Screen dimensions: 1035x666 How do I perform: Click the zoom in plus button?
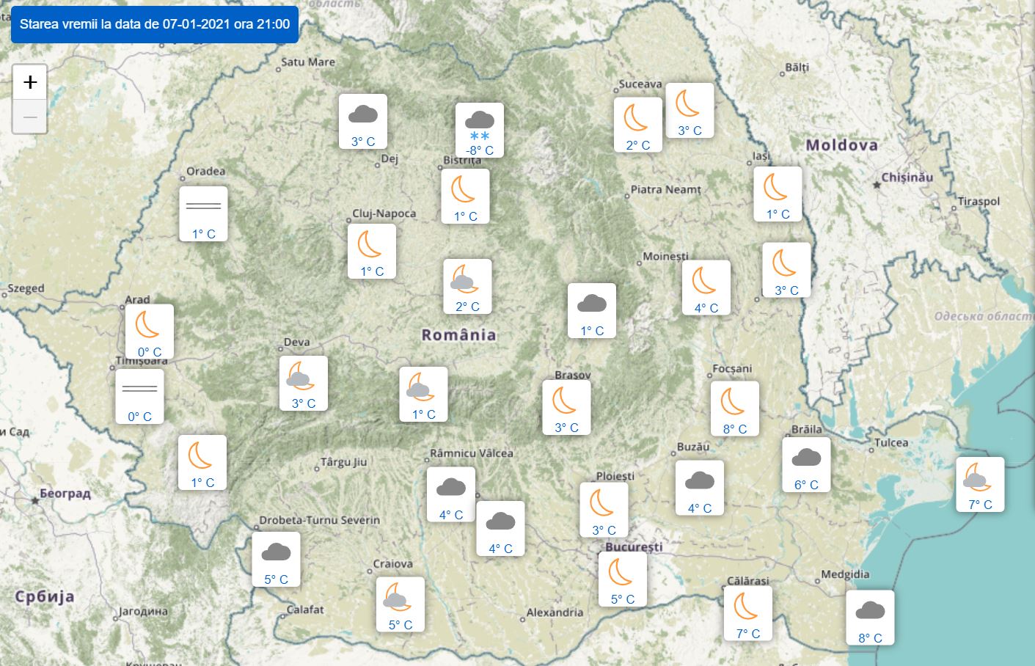tap(30, 81)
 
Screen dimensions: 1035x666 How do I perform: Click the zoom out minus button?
tap(30, 117)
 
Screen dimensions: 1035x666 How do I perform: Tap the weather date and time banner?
tap(155, 24)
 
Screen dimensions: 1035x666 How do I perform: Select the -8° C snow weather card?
tap(480, 130)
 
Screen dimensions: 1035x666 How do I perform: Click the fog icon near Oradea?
tap(203, 205)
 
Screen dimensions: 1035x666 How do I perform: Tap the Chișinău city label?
tap(907, 178)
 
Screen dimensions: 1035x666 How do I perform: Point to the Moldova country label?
tap(841, 145)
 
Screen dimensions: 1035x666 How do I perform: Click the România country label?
tap(458, 335)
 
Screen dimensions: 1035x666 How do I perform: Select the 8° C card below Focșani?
tap(734, 408)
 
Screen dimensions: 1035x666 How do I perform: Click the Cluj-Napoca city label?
tap(384, 214)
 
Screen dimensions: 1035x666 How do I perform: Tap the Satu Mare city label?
tap(308, 62)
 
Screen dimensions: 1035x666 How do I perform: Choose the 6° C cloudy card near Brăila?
tap(806, 464)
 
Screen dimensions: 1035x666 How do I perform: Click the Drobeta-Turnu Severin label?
tap(320, 521)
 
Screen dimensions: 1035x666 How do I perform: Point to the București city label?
tap(634, 547)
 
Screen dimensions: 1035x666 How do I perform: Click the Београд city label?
tap(65, 494)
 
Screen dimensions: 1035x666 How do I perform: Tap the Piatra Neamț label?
tap(666, 190)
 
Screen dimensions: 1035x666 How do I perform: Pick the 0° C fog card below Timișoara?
tap(139, 396)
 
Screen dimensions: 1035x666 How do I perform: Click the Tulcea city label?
tap(891, 443)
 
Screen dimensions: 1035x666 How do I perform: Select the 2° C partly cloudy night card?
tap(467, 286)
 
